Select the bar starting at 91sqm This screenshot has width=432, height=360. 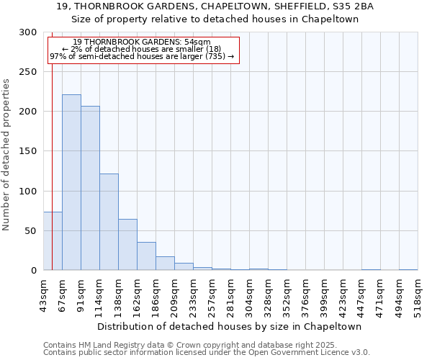[x=90, y=188]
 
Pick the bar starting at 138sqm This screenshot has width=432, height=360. [x=127, y=245]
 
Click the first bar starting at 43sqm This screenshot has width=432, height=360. [x=53, y=241]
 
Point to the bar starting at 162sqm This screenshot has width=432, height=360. [x=146, y=256]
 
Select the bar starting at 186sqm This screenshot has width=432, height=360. [x=165, y=264]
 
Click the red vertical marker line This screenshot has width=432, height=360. [x=52, y=144]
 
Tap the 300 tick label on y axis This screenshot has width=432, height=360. [x=28, y=32]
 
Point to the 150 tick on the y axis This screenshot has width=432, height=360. [x=28, y=151]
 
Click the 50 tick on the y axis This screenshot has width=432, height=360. [x=31, y=231]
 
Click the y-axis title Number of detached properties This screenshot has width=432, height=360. [x=7, y=155]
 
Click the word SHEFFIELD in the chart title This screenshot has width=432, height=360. [x=279, y=6]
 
